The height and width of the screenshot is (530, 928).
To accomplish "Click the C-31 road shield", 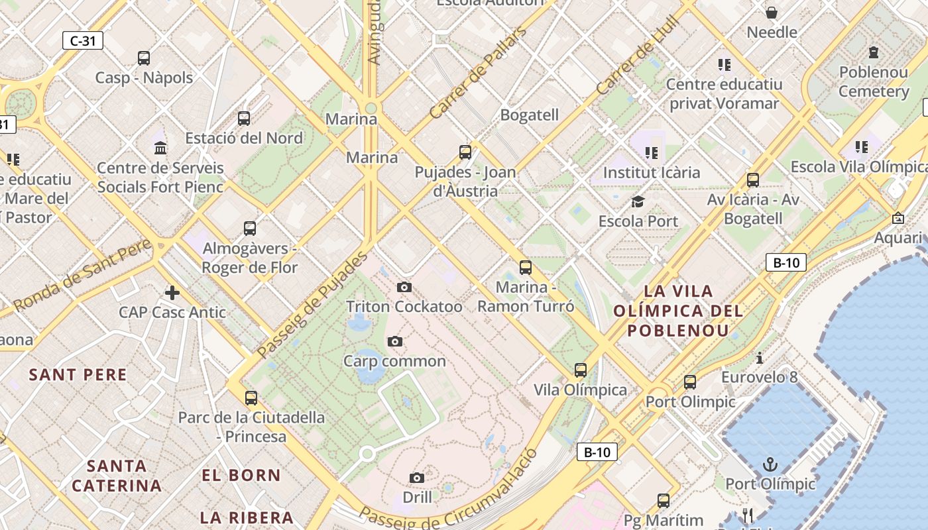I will coord(83,40).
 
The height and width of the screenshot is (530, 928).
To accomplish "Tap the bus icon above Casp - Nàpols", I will coord(144,58).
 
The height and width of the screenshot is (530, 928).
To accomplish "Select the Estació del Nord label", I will coord(244,138).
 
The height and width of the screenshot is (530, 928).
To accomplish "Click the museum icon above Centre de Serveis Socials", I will coord(160,148).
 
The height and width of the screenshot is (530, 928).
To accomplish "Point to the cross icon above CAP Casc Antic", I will coord(172,292).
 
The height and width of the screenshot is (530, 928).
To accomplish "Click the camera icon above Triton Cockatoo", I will coord(404,287).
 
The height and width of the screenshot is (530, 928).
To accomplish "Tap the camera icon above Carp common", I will coord(395,341).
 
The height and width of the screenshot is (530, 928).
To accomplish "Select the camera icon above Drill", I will coord(417,478).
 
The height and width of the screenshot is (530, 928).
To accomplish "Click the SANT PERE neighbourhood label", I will coord(78,375).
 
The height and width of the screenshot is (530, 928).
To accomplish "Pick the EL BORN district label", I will coord(241,475).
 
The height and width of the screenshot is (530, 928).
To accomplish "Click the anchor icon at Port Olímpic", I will coord(770,464).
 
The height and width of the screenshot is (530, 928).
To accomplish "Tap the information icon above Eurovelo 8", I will coord(760,358).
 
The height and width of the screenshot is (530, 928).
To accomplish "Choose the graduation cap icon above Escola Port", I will coord(638,201).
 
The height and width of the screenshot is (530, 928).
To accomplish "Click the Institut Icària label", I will coord(652,173).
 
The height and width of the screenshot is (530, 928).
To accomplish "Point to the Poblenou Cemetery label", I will coord(874,81).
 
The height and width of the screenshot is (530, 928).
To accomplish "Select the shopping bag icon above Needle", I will coord(772,13).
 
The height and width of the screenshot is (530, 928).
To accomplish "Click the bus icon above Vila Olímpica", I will coord(581,370).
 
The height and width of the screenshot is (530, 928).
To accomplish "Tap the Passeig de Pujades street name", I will coord(312,305).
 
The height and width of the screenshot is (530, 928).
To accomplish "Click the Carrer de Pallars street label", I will coord(478,72).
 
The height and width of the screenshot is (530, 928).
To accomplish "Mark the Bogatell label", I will coord(530,115).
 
